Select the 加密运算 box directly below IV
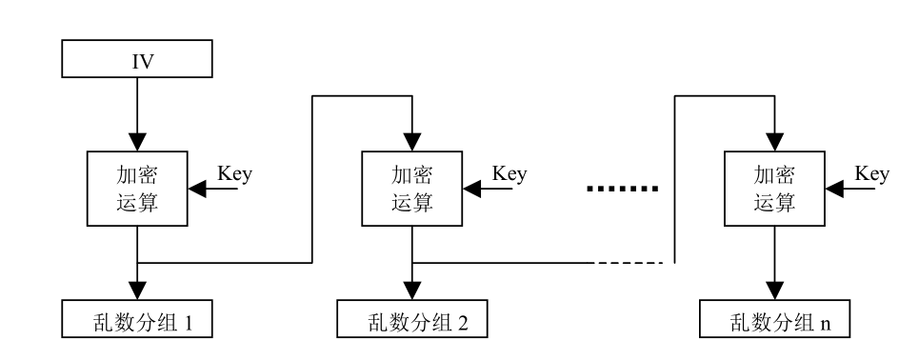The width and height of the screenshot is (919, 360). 139,189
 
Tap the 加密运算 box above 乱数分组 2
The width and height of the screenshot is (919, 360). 410,189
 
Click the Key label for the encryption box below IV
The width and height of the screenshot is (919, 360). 234,176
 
